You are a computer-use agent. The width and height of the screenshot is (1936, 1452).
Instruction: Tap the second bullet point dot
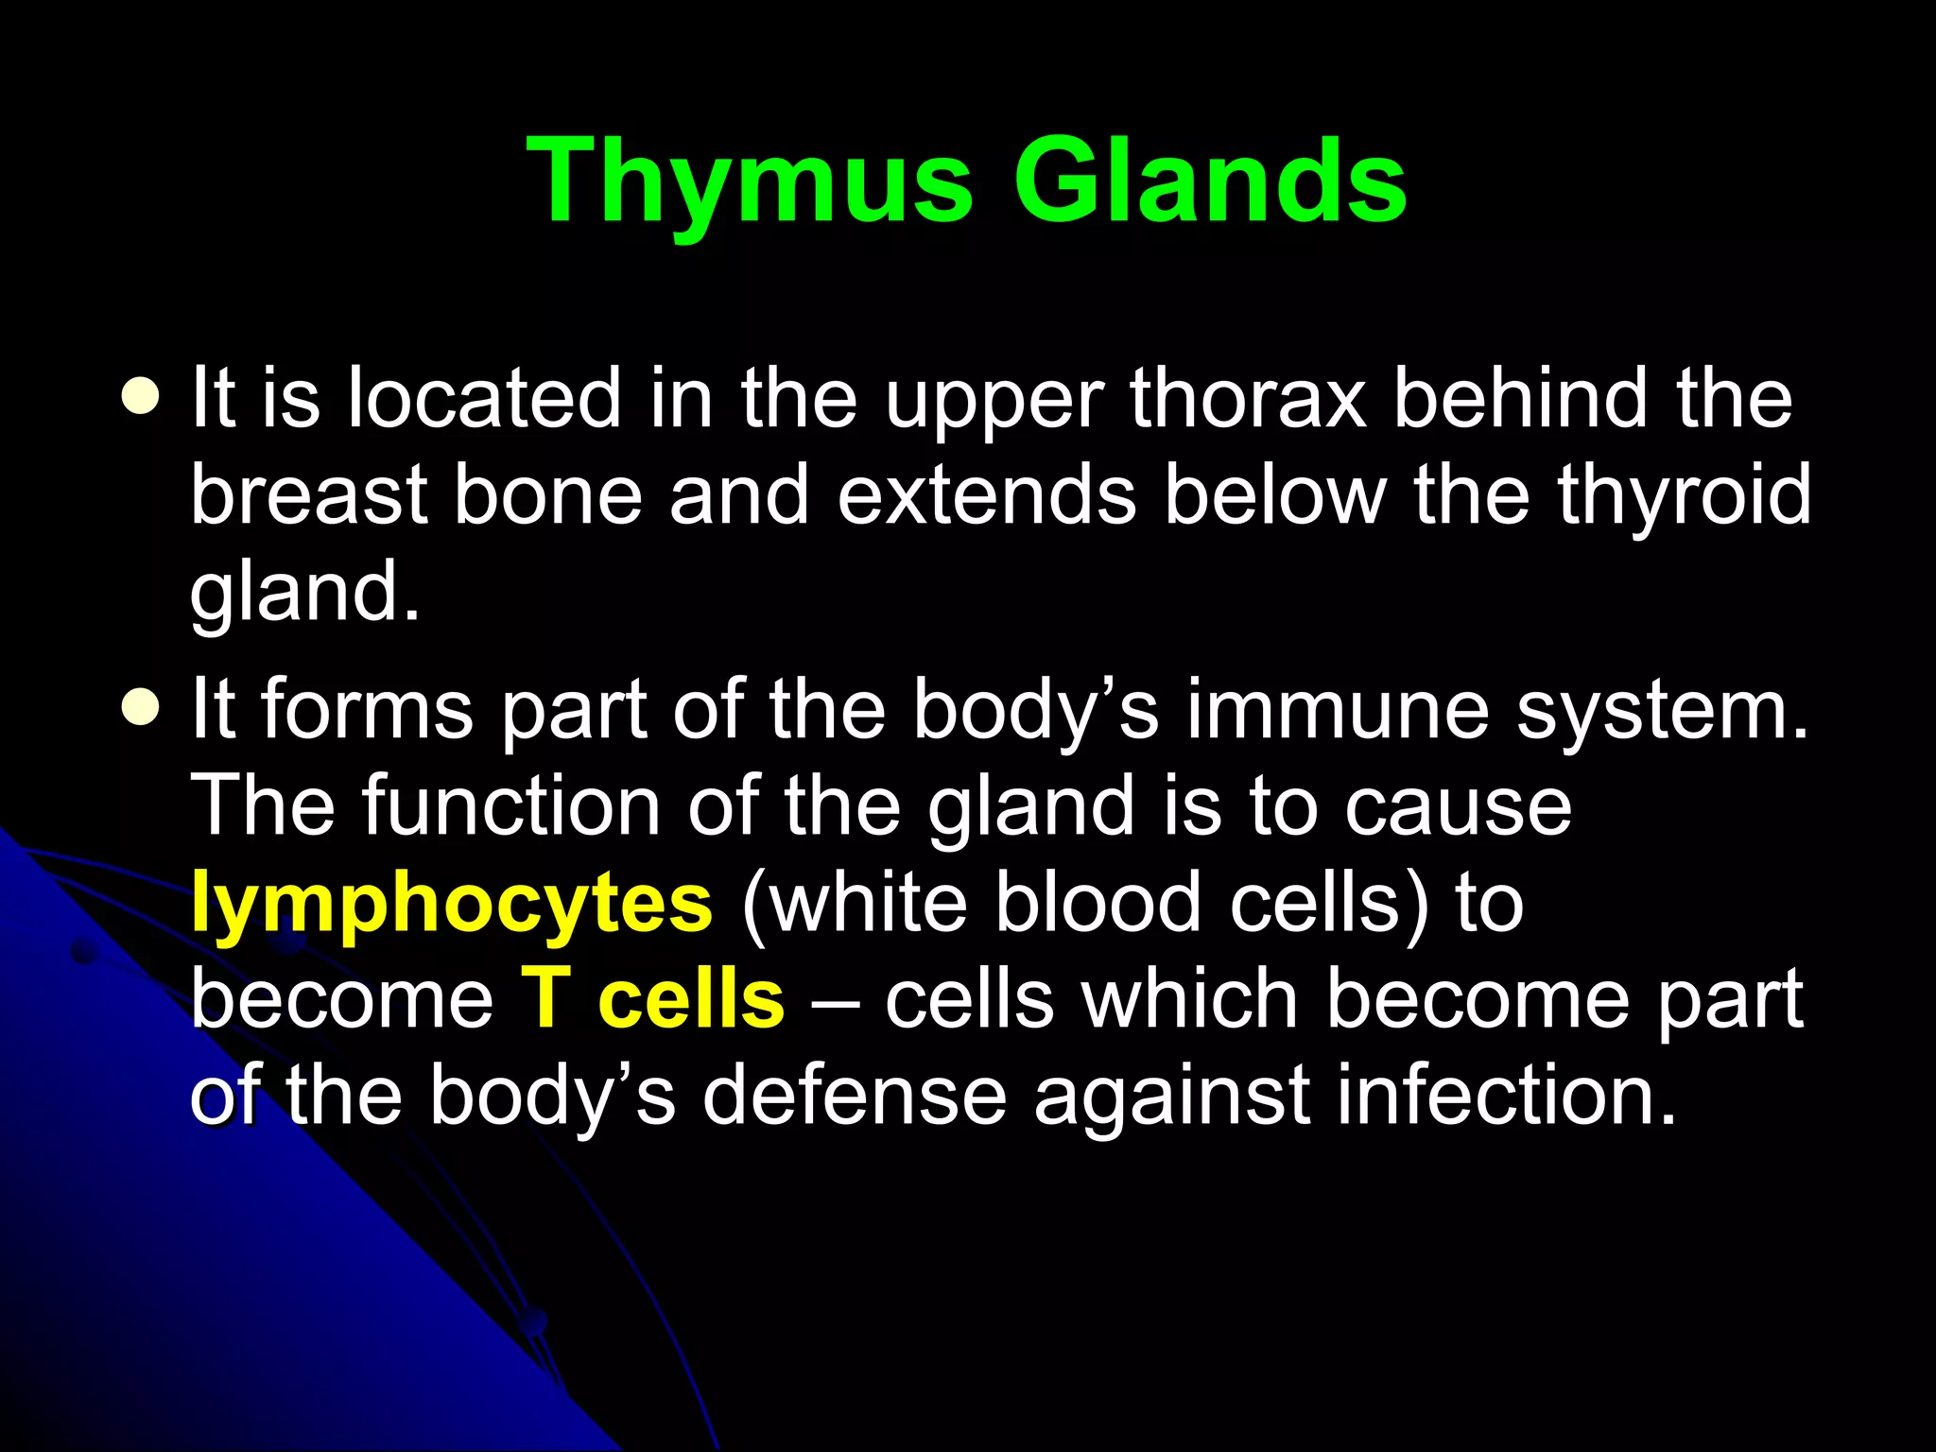tap(141, 708)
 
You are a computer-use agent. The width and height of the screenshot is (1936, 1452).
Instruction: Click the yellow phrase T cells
tap(652, 1000)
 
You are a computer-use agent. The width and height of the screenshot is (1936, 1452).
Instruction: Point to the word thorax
tap(1248, 399)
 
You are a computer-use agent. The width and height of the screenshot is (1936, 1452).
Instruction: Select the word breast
tap(309, 495)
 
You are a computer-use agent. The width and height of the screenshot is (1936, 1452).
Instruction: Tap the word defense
tap(855, 1097)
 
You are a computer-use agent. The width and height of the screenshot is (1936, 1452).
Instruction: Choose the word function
tap(510, 806)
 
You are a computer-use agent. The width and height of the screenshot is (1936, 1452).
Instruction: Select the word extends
tap(986, 495)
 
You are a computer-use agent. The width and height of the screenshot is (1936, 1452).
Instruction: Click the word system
tap(1662, 711)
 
